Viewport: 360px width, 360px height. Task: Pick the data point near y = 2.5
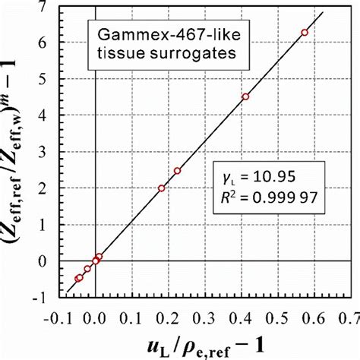(x=177, y=171)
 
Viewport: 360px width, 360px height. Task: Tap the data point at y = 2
(x=162, y=188)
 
